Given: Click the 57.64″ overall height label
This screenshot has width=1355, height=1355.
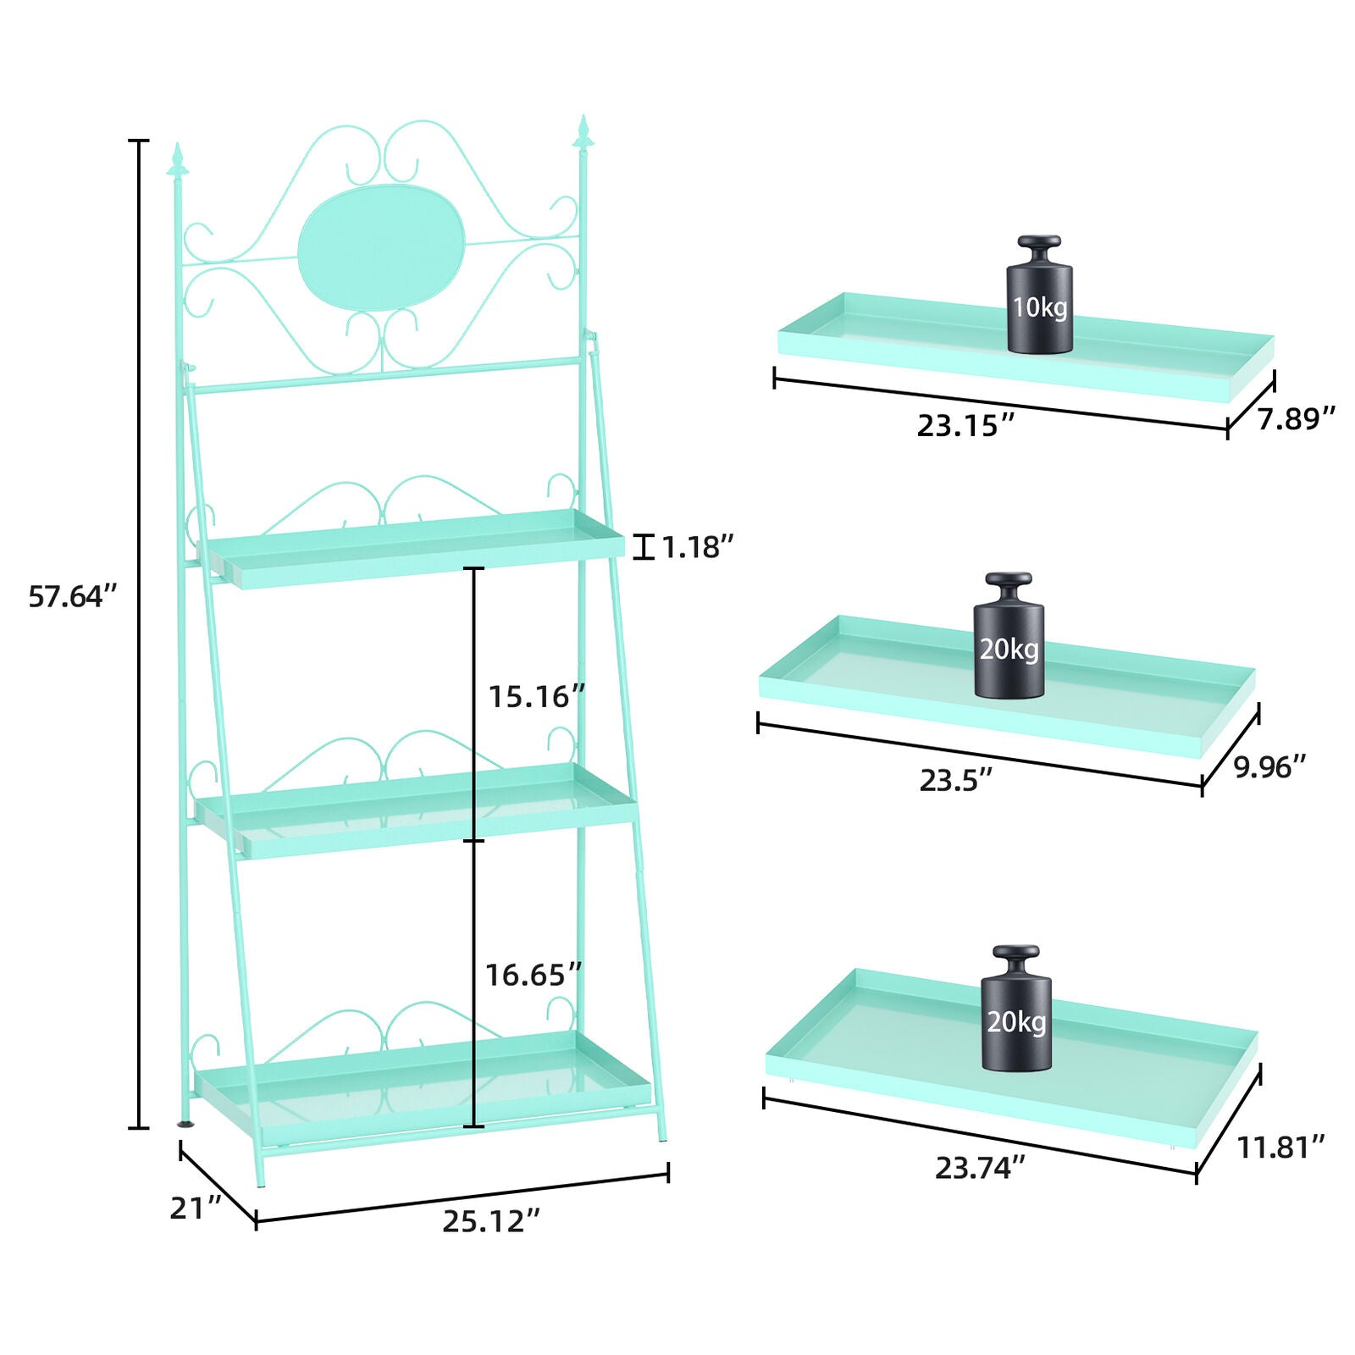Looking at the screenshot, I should [72, 597].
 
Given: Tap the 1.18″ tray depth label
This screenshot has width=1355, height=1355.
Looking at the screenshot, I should [696, 548].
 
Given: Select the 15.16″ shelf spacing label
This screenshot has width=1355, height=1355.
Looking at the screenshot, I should [536, 697].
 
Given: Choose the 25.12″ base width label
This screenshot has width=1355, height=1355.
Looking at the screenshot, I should [491, 1222].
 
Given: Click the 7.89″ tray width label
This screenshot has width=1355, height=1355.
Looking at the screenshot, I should [1296, 419].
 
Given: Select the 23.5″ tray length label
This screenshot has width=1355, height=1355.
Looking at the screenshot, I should [955, 781].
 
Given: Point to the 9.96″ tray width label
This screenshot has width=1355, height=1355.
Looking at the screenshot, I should [1269, 767].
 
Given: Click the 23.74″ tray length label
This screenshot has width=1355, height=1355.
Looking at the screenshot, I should [980, 1169].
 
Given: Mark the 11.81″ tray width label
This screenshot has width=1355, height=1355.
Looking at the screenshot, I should [1280, 1148].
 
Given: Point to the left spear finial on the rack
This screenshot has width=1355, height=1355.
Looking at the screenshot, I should [178, 161].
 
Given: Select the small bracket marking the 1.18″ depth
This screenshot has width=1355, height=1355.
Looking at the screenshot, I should [644, 547].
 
